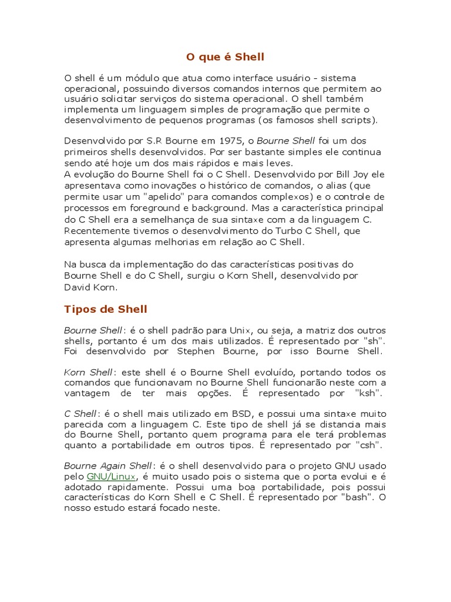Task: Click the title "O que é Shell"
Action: point(225,57)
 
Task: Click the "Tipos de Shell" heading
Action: point(106,309)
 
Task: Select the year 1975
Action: point(230,141)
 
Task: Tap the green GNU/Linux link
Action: point(112,476)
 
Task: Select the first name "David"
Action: point(78,287)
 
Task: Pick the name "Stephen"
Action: point(200,352)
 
